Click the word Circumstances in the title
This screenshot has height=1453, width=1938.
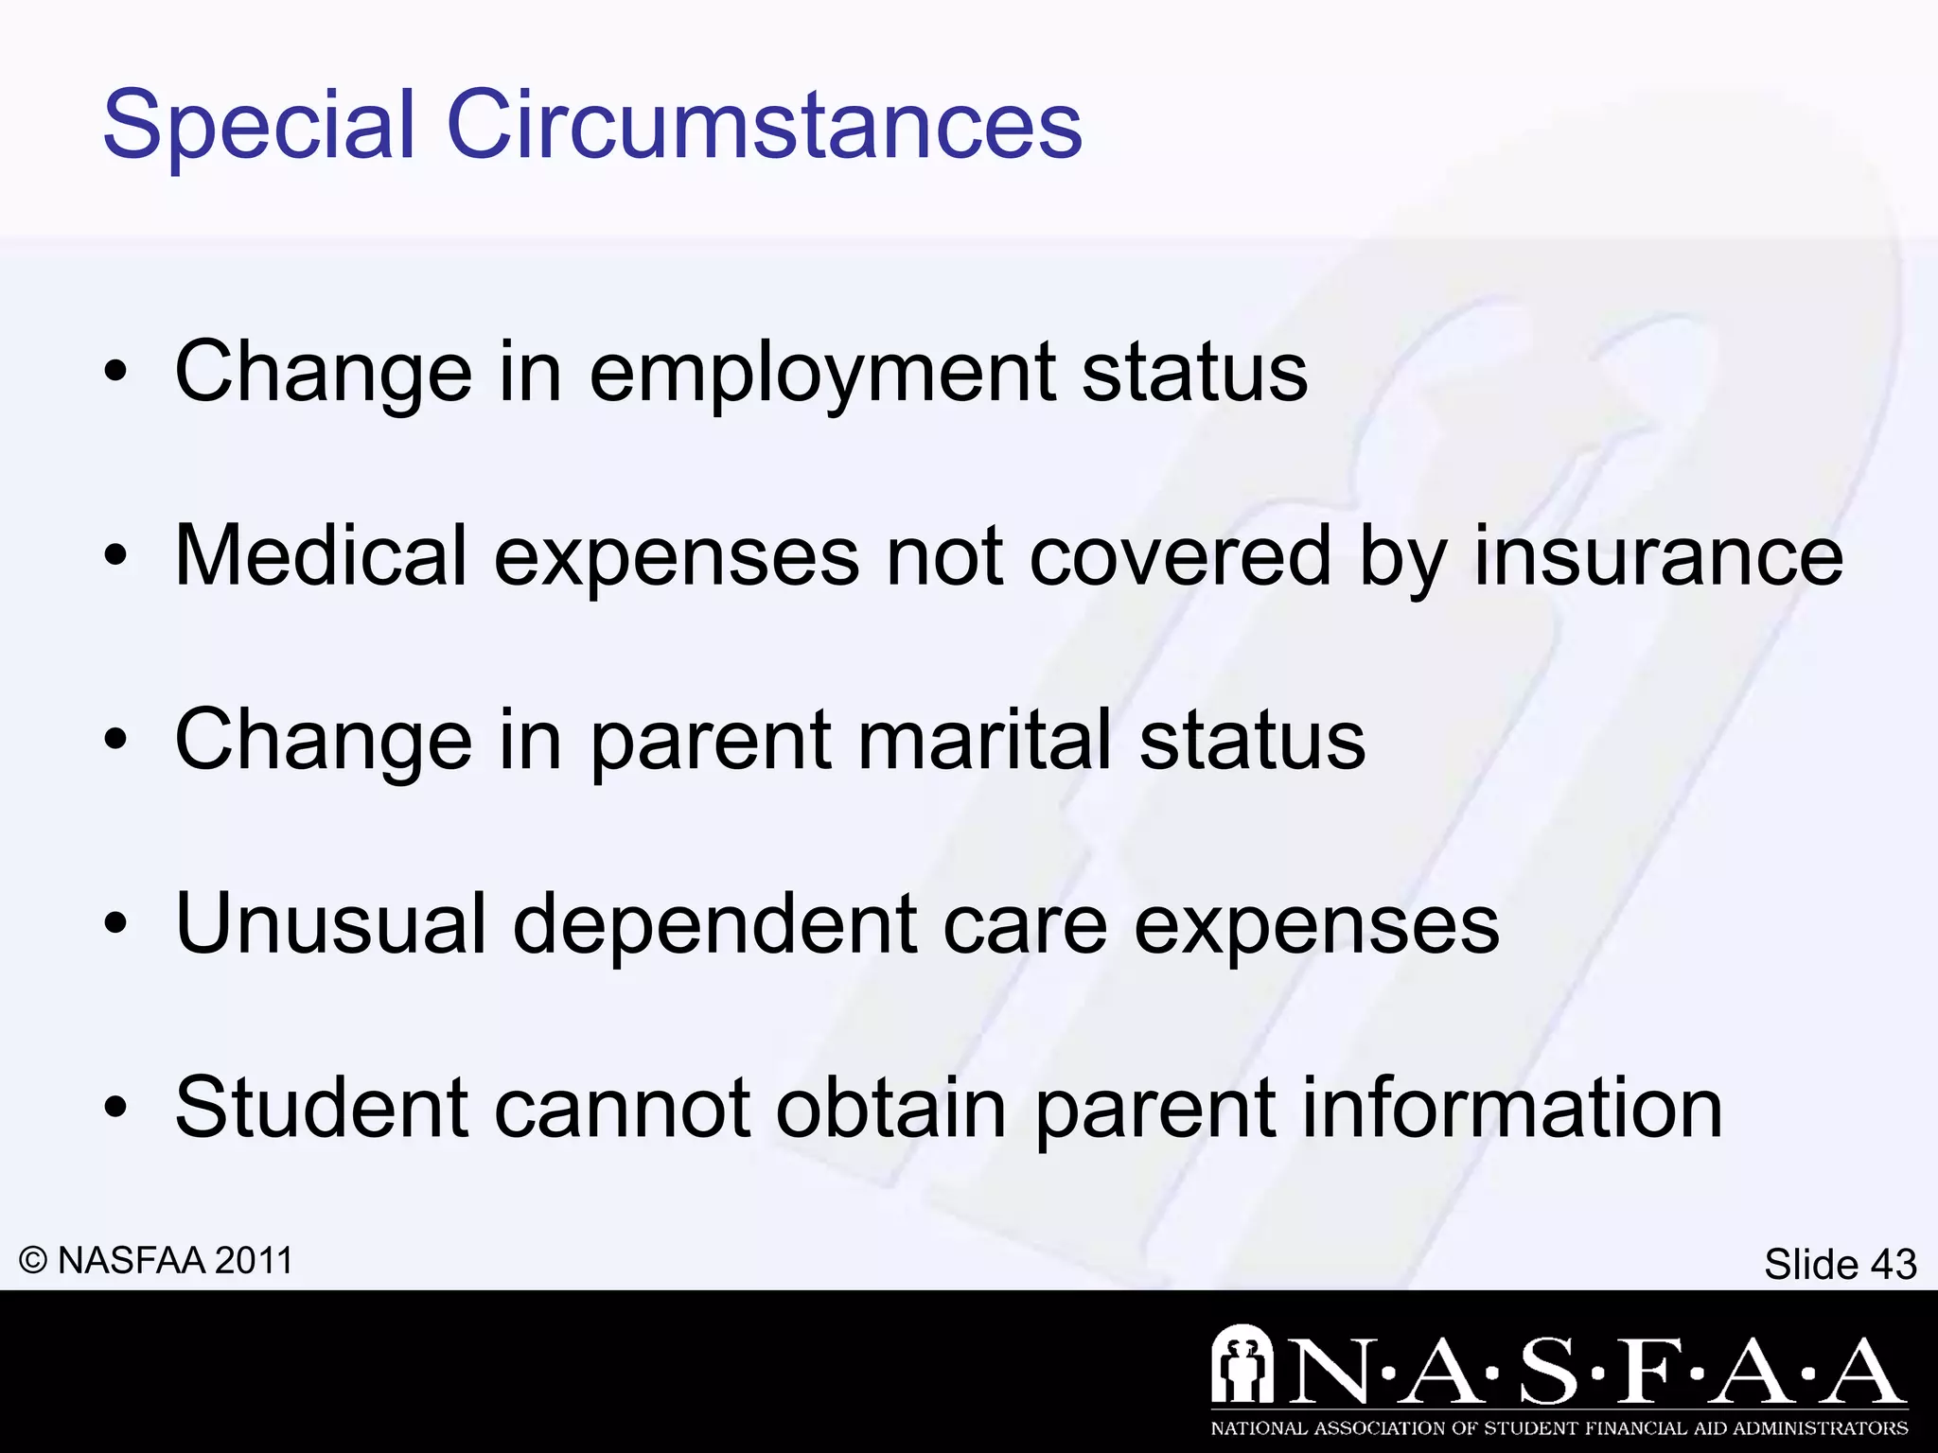pyautogui.click(x=764, y=126)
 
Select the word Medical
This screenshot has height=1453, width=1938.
pyautogui.click(x=321, y=555)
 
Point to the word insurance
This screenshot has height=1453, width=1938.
pyautogui.click(x=1658, y=555)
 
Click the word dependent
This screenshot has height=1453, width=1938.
pyautogui.click(x=714, y=923)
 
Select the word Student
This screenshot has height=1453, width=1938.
pyautogui.click(x=321, y=1108)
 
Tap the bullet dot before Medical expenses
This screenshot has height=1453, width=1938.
pyautogui.click(x=115, y=557)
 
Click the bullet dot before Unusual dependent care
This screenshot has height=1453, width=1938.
pyautogui.click(x=115, y=925)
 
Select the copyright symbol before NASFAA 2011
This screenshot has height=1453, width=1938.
pyautogui.click(x=33, y=1261)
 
